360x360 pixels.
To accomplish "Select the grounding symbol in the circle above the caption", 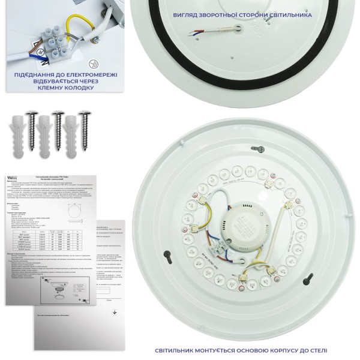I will [x=92, y=62].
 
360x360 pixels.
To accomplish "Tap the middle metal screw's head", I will [x=58, y=113].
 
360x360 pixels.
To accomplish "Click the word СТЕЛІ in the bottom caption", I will [x=316, y=350].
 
